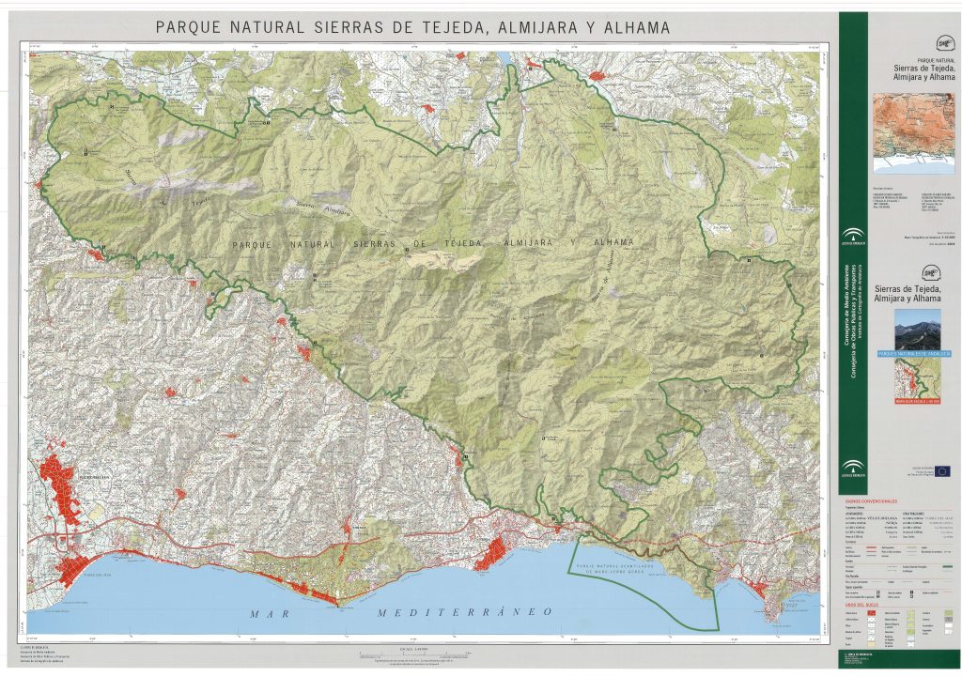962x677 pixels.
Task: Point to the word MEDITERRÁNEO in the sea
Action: click(463, 612)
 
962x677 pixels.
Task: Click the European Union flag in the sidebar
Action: click(941, 471)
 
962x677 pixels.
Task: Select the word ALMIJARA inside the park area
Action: click(533, 242)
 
